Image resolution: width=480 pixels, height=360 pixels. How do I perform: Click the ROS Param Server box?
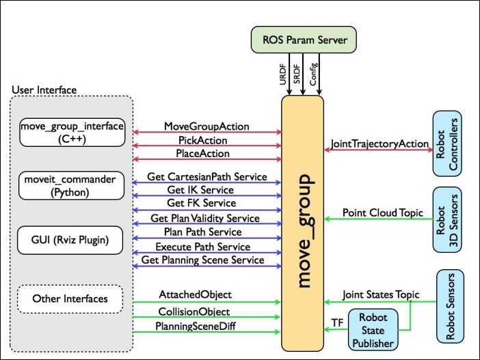coord(304,40)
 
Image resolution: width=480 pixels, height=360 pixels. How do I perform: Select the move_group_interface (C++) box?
coord(72,133)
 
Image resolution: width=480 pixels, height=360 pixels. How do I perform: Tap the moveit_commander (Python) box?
coord(71,186)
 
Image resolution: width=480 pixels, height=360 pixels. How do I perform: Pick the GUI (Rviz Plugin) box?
coord(70,240)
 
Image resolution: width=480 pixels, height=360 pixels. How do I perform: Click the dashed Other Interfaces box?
coord(70,299)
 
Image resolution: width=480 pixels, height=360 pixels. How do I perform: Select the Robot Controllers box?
coord(447,143)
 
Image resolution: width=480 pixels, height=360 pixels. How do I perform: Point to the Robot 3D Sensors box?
coord(447,220)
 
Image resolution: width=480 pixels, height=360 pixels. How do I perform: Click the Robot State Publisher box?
coord(373,330)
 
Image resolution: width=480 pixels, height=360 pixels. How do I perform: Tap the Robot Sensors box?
coord(451,306)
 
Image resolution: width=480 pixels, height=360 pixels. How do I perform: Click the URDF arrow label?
coord(283,74)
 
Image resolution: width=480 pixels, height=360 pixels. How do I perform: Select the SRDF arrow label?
coord(297,74)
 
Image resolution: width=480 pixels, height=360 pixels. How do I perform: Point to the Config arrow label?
coord(313,74)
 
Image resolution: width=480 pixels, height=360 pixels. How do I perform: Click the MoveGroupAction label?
coord(206,126)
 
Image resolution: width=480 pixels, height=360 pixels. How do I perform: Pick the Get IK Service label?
coord(200,190)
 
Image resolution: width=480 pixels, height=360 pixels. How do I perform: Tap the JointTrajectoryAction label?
coord(379,143)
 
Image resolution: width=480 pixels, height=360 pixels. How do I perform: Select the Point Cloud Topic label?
coord(383,212)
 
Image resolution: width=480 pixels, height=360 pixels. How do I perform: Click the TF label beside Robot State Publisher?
coord(337,322)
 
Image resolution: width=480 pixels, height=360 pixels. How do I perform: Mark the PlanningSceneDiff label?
coord(196,326)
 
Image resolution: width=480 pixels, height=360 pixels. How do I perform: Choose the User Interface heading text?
coord(44,90)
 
